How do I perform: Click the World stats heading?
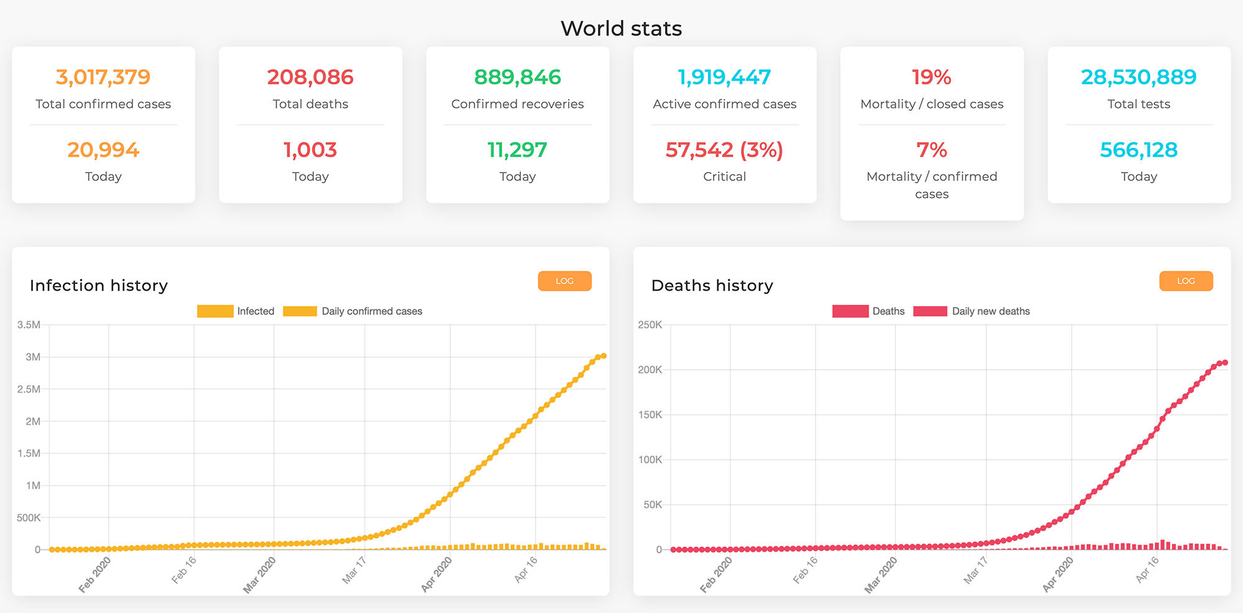coord(621,29)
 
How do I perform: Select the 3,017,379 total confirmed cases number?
coord(103,77)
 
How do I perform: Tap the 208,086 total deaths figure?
coord(310,77)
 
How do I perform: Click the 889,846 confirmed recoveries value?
coord(517,77)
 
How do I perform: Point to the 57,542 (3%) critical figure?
coord(724,150)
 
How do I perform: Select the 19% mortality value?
coord(931,77)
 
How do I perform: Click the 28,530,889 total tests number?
coord(1139,77)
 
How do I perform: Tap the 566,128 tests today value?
coord(1139,150)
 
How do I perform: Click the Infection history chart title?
coord(99,285)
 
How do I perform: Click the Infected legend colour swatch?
coord(215,311)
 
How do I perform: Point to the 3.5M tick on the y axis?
coord(29,325)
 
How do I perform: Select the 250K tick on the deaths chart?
coord(650,325)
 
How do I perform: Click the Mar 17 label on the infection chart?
coord(354,570)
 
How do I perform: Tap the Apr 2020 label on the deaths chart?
coord(1058,574)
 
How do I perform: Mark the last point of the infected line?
coord(603,356)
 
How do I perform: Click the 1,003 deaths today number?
coord(310,150)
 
